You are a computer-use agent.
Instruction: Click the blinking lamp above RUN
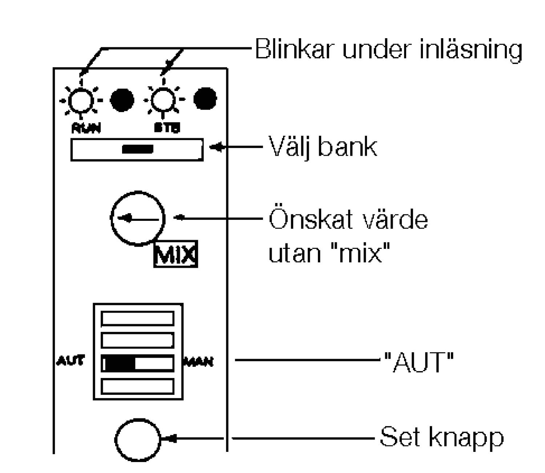pos(81,100)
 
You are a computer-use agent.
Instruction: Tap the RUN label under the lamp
pos(86,128)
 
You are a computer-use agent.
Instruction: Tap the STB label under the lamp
pos(167,128)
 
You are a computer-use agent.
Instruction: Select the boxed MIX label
pos(175,254)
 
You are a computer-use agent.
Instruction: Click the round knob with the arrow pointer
pos(138,218)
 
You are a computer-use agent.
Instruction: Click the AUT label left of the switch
pos(70,361)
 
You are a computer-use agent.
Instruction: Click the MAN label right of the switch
pos(199,362)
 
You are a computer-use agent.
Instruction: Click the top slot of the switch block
pos(137,318)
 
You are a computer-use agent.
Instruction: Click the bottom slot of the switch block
pos(137,386)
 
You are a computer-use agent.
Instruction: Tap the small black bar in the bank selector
pos(137,149)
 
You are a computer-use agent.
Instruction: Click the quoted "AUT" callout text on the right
pos(419,362)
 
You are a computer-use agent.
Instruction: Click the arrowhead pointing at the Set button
pos(170,438)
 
